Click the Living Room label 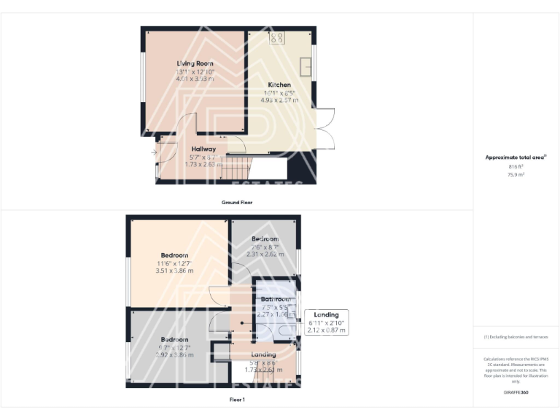pos(195,63)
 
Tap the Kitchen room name pos(279,85)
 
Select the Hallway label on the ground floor pos(203,149)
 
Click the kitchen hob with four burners pos(278,37)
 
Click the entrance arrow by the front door pos(155,152)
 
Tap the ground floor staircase pos(237,171)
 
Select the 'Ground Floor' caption pos(237,202)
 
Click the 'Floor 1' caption pos(237,399)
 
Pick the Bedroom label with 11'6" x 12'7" pos(174,255)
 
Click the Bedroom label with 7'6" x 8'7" pos(265,239)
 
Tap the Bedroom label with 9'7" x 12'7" pos(174,339)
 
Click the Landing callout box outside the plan pos(326,322)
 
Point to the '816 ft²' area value pos(516,167)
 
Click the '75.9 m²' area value pos(516,175)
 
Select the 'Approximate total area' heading pos(515,157)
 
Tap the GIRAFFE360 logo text pos(516,392)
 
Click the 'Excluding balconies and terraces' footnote pos(516,337)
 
